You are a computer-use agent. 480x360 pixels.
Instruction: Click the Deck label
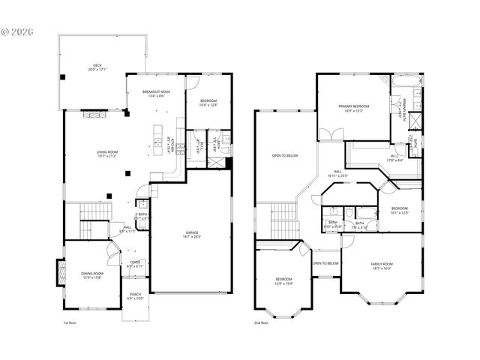click(x=97, y=67)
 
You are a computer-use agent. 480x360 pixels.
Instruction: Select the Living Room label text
click(x=106, y=156)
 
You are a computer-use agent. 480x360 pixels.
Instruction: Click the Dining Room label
click(x=91, y=275)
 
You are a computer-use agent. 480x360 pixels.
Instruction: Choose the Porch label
click(x=135, y=296)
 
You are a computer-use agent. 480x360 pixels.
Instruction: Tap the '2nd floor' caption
click(x=262, y=322)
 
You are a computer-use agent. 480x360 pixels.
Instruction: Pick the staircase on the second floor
click(x=283, y=217)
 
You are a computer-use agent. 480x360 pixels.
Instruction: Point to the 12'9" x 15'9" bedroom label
click(x=281, y=281)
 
